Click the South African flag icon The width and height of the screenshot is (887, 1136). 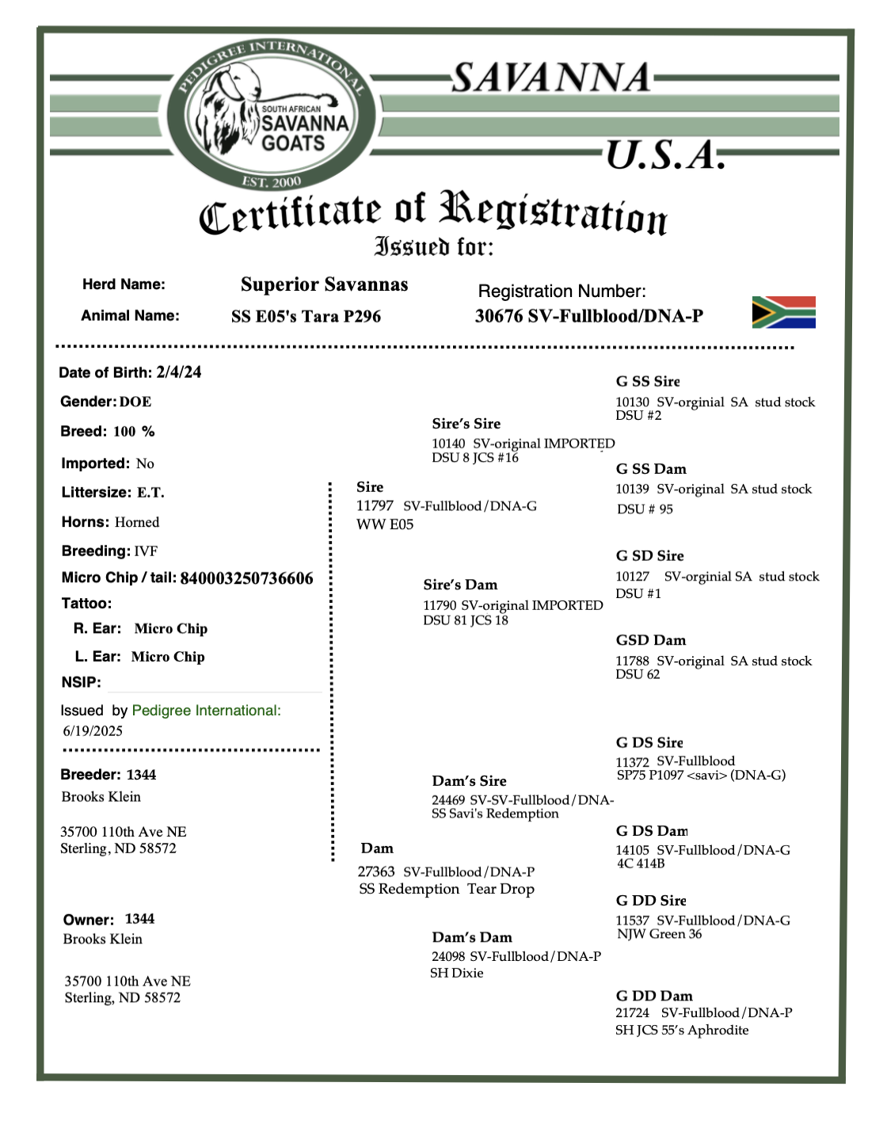click(783, 312)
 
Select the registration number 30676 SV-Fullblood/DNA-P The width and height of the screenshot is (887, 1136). click(588, 316)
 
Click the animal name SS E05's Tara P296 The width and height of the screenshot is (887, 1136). click(306, 316)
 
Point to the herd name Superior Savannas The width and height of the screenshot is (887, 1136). click(324, 284)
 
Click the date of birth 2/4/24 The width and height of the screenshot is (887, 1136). click(179, 372)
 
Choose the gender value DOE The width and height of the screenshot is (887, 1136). click(135, 402)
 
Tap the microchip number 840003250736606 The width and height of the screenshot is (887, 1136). click(246, 578)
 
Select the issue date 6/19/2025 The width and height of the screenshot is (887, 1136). click(93, 731)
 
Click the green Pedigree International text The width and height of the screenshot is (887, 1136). click(206, 711)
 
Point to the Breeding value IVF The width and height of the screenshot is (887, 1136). click(146, 551)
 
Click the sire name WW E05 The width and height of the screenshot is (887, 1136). click(385, 524)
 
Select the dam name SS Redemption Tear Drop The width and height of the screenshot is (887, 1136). click(447, 889)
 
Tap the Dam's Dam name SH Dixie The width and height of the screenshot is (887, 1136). click(457, 973)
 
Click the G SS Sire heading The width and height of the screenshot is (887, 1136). click(648, 381)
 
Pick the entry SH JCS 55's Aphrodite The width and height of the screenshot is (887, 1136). click(682, 1030)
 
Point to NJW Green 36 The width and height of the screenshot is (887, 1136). click(660, 934)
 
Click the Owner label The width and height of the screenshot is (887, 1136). click(89, 920)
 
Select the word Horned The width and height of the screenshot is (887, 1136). click(137, 522)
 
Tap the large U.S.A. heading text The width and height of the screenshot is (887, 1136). click(665, 155)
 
